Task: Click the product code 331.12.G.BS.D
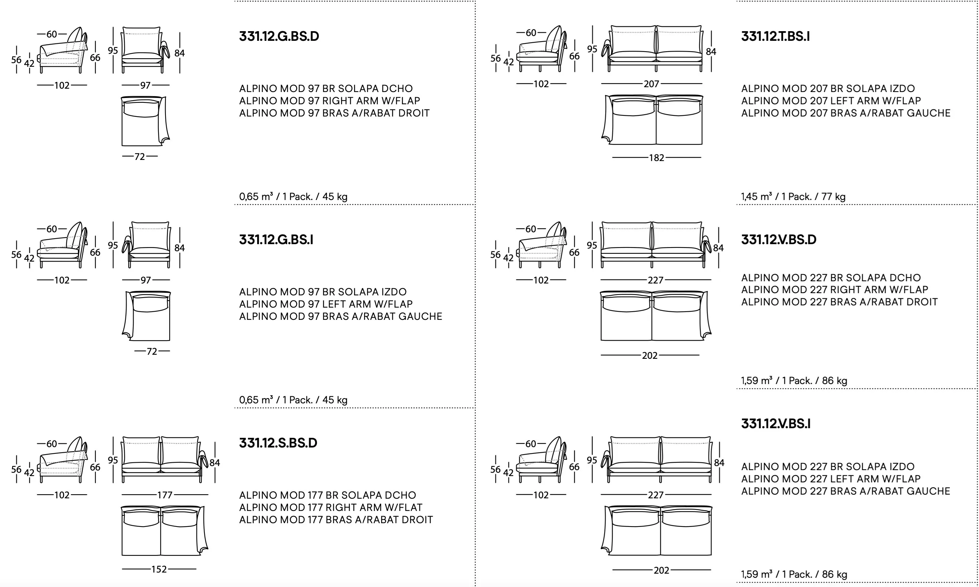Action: [x=279, y=36]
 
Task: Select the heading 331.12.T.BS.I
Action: [x=775, y=36]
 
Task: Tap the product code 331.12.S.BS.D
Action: [x=278, y=443]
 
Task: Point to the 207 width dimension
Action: [x=651, y=84]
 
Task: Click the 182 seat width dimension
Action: [x=656, y=158]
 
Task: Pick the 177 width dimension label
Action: [x=164, y=495]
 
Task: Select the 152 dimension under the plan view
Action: [x=158, y=569]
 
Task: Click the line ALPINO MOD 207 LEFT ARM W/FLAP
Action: [x=831, y=101]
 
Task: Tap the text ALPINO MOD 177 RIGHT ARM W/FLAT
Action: [x=331, y=508]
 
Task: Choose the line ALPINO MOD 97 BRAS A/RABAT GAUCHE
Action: [x=341, y=317]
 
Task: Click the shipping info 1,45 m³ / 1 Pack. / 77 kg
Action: [x=793, y=197]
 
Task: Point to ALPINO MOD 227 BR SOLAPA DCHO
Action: [x=831, y=278]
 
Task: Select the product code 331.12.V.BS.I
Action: [x=776, y=424]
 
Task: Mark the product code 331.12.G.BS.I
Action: [x=276, y=240]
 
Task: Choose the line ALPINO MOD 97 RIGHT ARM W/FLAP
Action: [x=330, y=101]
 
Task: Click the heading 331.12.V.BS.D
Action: [x=779, y=240]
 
